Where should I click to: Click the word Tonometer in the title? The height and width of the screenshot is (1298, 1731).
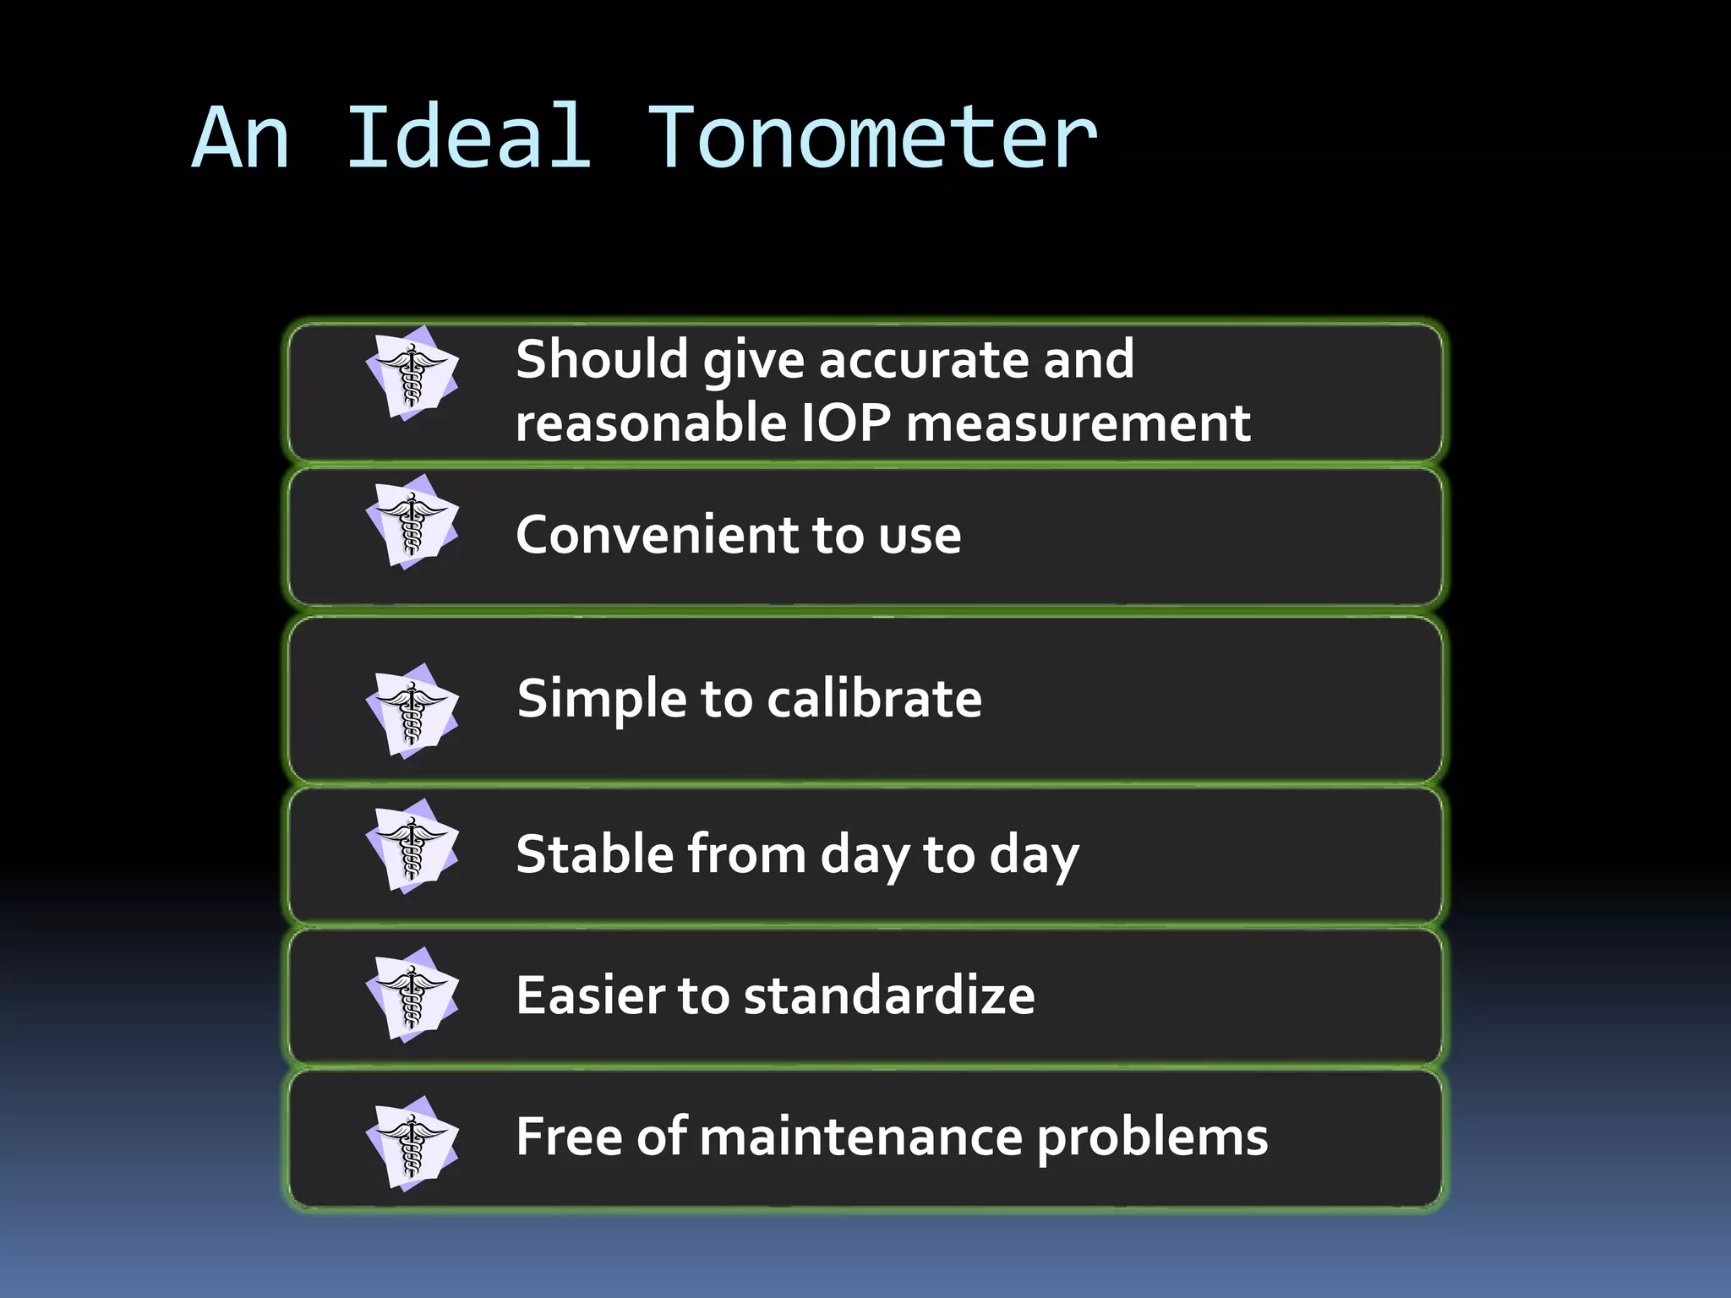pyautogui.click(x=871, y=138)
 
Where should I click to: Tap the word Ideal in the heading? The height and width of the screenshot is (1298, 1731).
pyautogui.click(x=468, y=138)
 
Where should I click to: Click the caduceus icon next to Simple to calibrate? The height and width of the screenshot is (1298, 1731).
pyautogui.click(x=412, y=712)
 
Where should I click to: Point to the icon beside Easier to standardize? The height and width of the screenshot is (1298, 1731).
pyautogui.click(x=412, y=996)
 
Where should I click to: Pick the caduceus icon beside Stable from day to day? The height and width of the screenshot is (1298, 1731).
pyautogui.click(x=412, y=847)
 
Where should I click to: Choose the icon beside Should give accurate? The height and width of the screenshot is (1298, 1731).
pyautogui.click(x=412, y=374)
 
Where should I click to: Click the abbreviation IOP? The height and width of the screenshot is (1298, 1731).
pyautogui.click(x=845, y=423)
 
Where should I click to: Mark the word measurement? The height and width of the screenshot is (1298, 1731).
pyautogui.click(x=1078, y=423)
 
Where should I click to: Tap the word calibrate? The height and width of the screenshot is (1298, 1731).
pyautogui.click(x=874, y=699)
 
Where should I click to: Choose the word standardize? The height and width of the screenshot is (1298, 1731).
pyautogui.click(x=889, y=995)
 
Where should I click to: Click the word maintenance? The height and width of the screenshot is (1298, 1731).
pyautogui.click(x=861, y=1137)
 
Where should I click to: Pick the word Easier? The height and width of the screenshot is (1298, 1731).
pyautogui.click(x=590, y=995)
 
